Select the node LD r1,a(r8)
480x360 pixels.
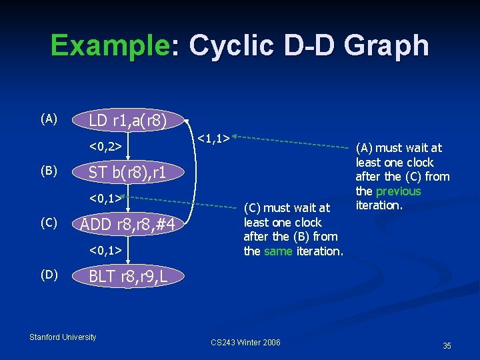tap(127, 121)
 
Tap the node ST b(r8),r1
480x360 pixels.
tap(126, 172)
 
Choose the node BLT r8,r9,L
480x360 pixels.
tap(127, 275)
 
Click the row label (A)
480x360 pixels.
tap(49, 119)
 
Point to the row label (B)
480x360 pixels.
tap(49, 171)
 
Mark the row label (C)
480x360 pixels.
tap(49, 222)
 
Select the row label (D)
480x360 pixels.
tap(49, 275)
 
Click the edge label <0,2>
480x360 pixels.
tap(105, 145)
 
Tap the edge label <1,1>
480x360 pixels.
tap(214, 138)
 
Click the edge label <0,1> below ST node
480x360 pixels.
tap(105, 197)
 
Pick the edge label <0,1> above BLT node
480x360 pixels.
tap(105, 250)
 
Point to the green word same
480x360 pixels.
tap(278, 251)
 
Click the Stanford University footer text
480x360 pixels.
tap(63, 337)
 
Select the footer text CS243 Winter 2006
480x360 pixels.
tap(245, 343)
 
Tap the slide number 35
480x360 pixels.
tap(447, 345)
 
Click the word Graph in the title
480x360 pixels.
tap(389, 45)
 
